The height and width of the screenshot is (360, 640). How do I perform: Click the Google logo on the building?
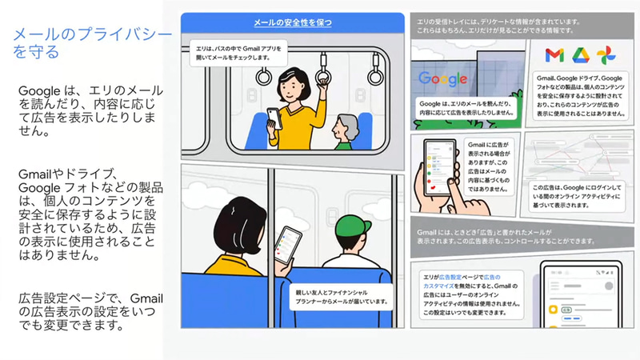click(442, 78)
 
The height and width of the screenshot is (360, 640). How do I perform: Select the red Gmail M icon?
click(553, 55)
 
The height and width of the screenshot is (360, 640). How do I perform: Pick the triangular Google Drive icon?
click(580, 55)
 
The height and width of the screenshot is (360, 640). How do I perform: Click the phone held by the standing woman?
click(273, 117)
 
